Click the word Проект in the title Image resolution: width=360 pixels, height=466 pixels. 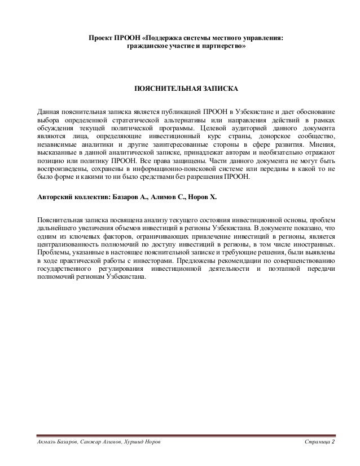coord(98,38)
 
